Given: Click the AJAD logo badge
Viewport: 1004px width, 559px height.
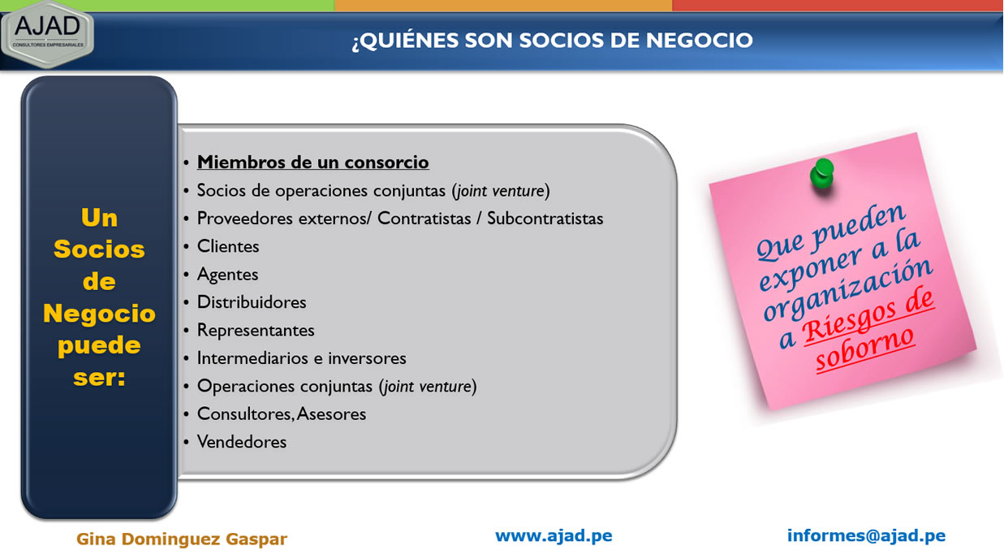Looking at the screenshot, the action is pos(47,35).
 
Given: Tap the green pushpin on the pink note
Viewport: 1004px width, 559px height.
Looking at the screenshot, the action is pos(822,174).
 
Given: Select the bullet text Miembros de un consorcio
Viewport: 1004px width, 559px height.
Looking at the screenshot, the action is pos(312,162).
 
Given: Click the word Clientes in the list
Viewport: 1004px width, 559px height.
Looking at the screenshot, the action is pos(228,246).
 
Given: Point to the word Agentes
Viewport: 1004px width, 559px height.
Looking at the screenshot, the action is pos(228,275).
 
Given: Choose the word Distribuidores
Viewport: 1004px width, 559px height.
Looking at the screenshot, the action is pos(252,302).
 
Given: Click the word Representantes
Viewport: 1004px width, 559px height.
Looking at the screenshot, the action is pos(256,330).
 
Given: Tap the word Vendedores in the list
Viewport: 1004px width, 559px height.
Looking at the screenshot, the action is pos(242,442).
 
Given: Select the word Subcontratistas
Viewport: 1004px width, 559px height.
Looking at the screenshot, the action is pos(545,219).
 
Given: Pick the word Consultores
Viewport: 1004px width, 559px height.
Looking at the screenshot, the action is pos(245,414).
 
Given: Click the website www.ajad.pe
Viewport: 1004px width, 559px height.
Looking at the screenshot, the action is pos(554,535).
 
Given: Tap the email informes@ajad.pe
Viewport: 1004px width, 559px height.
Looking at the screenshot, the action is pos(866,535).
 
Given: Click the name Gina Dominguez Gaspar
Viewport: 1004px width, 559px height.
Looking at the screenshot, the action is pos(182,539).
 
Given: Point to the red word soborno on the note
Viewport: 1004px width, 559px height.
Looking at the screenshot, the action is pos(864,350).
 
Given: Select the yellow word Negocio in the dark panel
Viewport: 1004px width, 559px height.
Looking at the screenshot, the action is pos(99,313).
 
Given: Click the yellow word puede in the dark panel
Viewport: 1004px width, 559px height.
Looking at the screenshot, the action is pos(99,346).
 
